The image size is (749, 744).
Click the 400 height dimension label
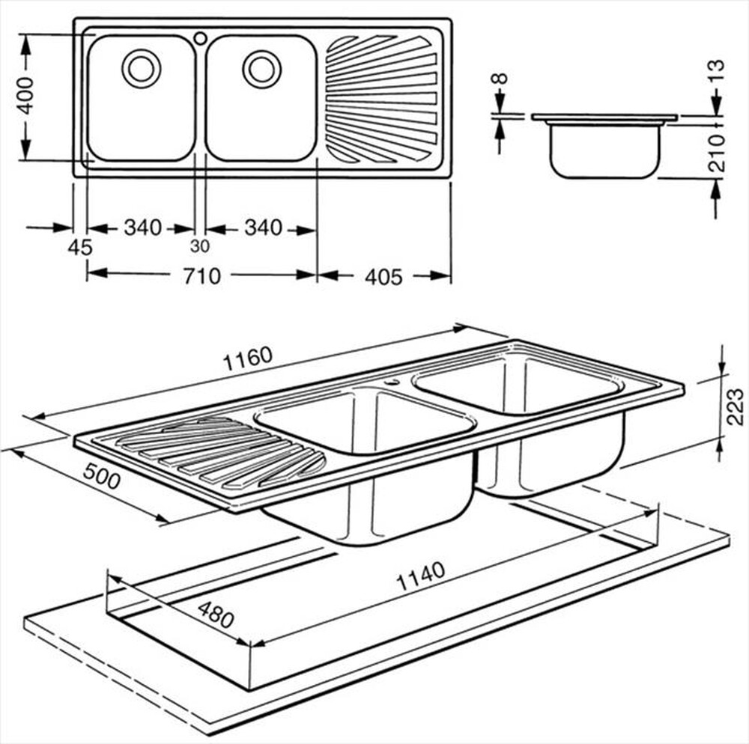[x=25, y=95]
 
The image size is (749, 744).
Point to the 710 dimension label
[x=201, y=276]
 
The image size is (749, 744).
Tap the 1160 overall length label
[x=246, y=360]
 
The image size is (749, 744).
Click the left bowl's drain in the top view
[x=140, y=68]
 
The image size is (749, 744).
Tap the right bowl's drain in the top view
[x=261, y=68]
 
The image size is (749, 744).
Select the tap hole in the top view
[x=200, y=37]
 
